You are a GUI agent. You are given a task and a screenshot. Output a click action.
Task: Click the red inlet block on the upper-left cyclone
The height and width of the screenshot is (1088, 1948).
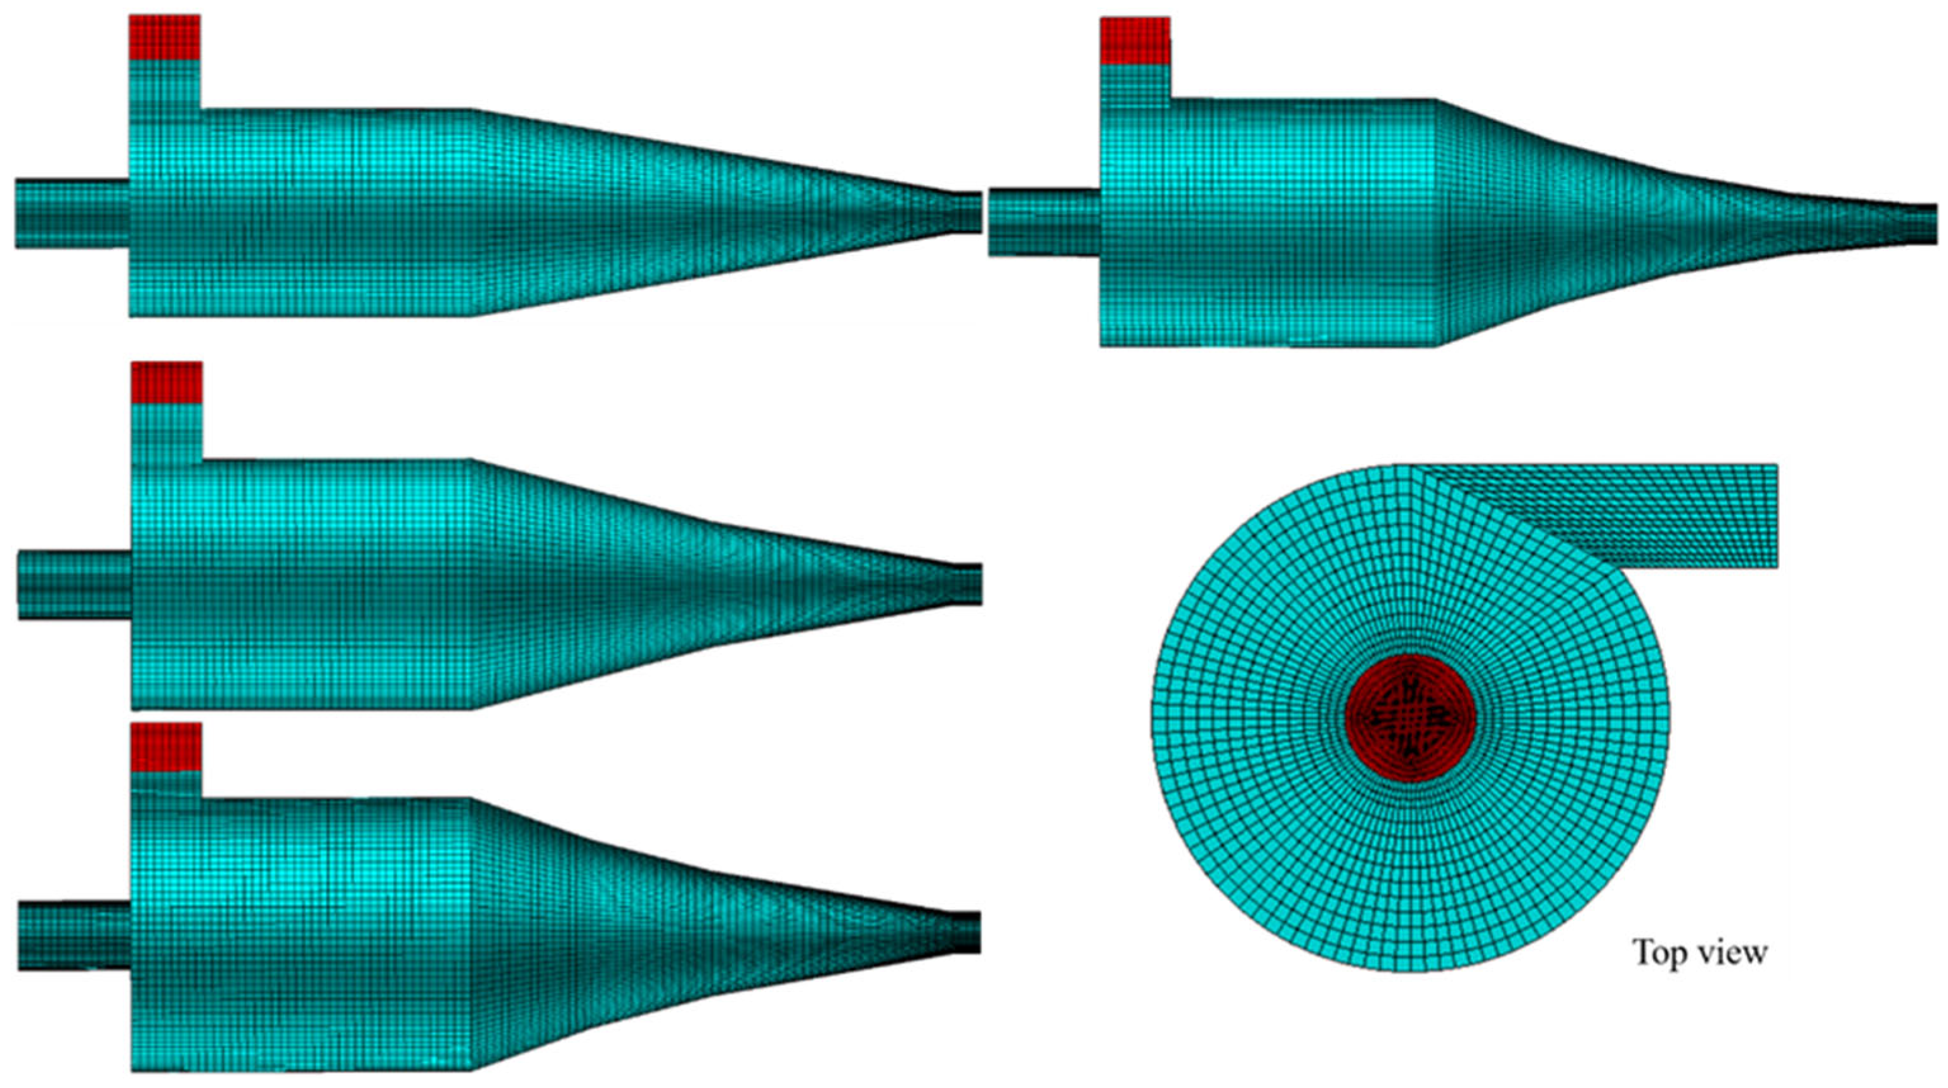point(165,37)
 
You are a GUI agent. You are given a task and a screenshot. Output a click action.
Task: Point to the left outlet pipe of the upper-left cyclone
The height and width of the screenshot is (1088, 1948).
point(72,213)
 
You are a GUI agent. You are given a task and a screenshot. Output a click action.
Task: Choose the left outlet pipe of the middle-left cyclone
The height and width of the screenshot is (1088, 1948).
point(75,586)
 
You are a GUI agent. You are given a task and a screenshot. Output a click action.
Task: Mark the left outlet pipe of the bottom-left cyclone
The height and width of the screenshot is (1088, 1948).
point(75,936)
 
